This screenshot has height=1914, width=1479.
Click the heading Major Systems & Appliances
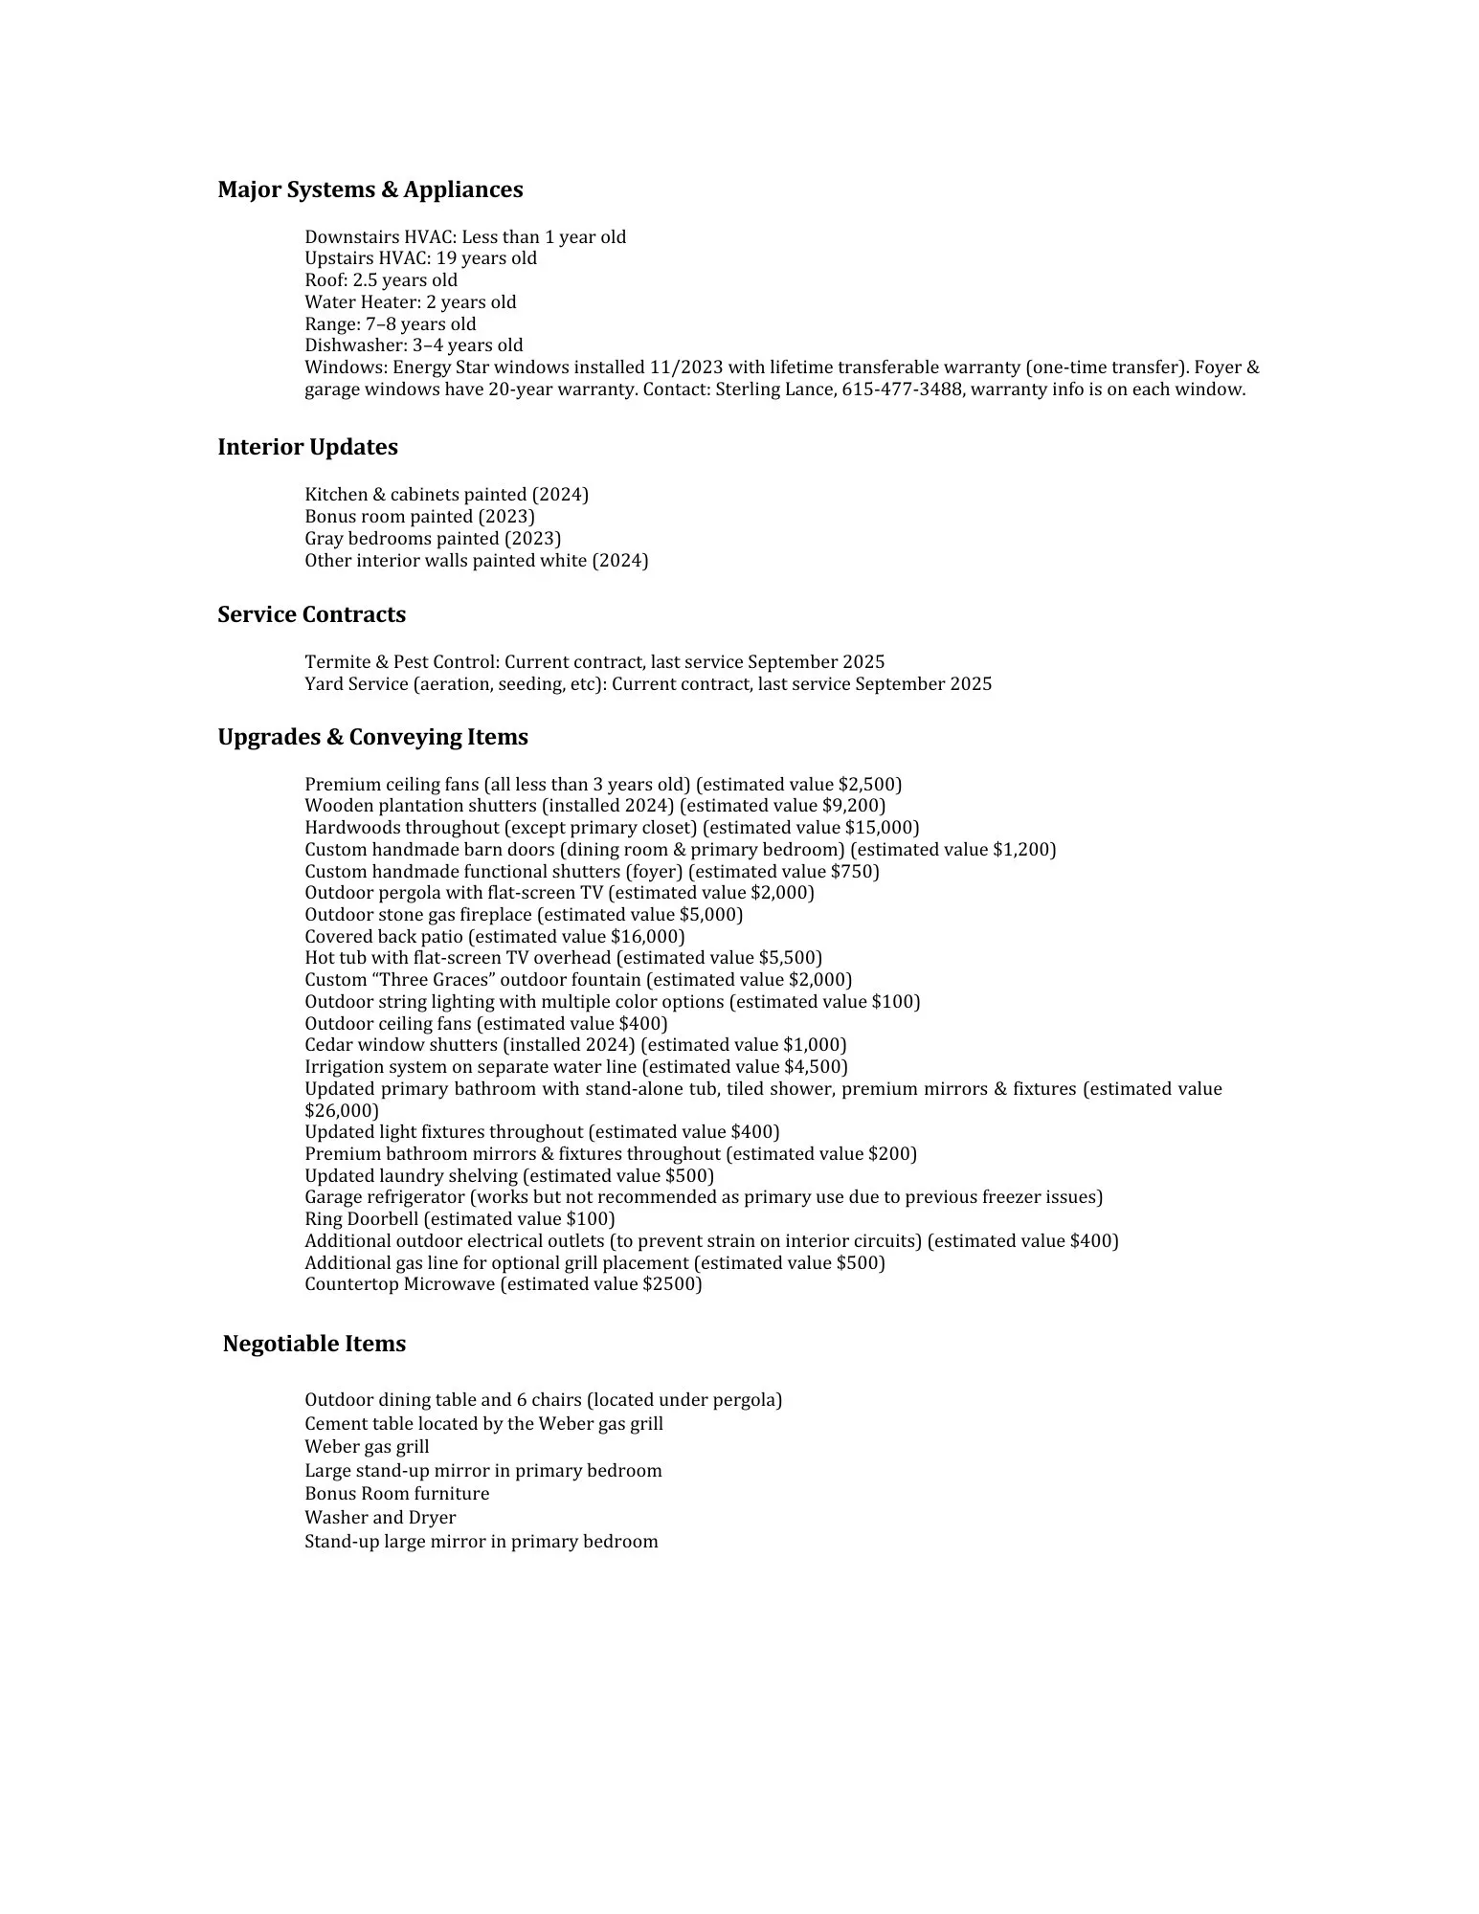(370, 189)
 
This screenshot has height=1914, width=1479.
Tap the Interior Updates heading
(307, 447)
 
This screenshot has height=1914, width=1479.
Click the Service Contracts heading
(311, 614)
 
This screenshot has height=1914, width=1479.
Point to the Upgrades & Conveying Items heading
(372, 737)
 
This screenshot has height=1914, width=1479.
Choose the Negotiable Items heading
(314, 1344)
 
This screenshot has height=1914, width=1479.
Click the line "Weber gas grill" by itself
(367, 1447)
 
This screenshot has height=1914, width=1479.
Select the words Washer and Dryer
(380, 1518)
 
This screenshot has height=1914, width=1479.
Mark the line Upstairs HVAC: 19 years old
(420, 258)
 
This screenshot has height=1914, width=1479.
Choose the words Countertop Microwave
(399, 1284)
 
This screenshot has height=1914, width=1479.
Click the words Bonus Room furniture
(396, 1494)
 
